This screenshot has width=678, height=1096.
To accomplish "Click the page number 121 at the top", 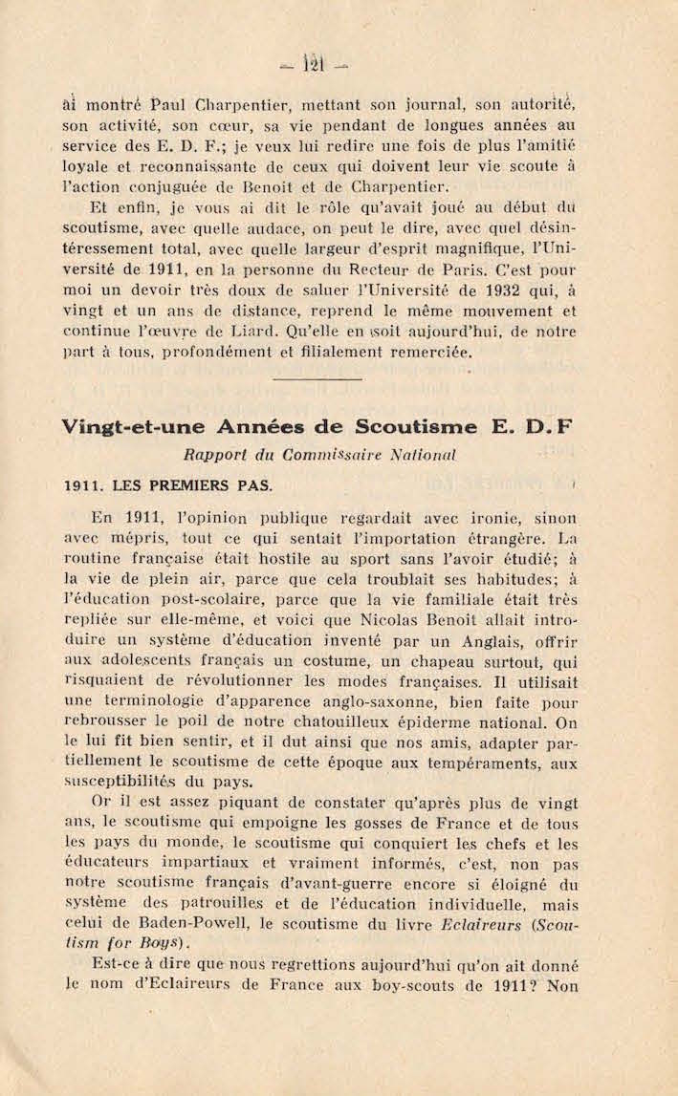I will click(x=313, y=65).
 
